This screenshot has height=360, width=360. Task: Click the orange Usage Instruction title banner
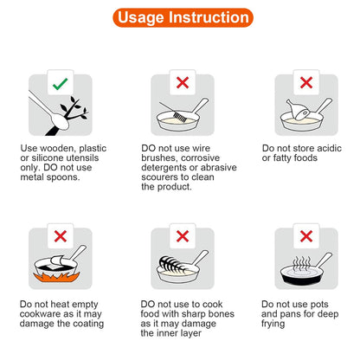pyautogui.click(x=183, y=17)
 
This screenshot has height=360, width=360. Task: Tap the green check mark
pyautogui.click(x=60, y=84)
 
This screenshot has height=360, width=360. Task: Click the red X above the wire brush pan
pyautogui.click(x=183, y=82)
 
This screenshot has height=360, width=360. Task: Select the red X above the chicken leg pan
pyautogui.click(x=306, y=82)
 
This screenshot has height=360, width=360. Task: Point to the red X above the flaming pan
pyautogui.click(x=61, y=236)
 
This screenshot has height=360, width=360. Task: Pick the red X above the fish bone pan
pyautogui.click(x=183, y=236)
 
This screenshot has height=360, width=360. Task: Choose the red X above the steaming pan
pyautogui.click(x=306, y=236)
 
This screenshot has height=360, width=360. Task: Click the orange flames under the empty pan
pyautogui.click(x=56, y=278)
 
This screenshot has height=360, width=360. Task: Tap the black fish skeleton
pyautogui.click(x=170, y=265)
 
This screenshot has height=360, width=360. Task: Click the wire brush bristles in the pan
pyautogui.click(x=179, y=118)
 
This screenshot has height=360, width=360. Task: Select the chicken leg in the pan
pyautogui.click(x=297, y=110)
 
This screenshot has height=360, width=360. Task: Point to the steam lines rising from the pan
pyautogui.click(x=301, y=264)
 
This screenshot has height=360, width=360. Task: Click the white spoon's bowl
pyautogui.click(x=60, y=121)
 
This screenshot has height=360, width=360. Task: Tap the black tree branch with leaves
pyautogui.click(x=68, y=116)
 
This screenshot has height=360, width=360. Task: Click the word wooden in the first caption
pyautogui.click(x=58, y=149)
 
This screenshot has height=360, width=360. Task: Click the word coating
pyautogui.click(x=88, y=324)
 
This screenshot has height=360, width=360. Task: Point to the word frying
pyautogui.click(x=273, y=324)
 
